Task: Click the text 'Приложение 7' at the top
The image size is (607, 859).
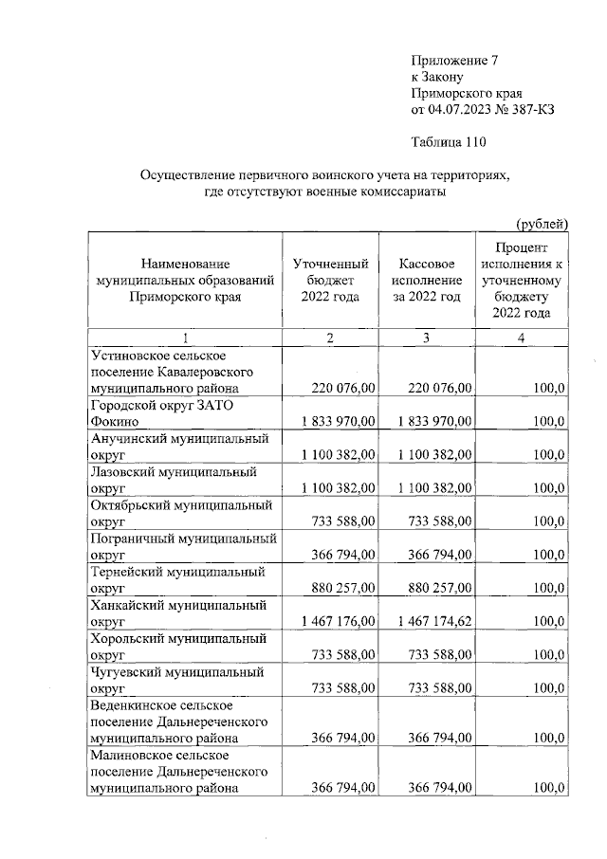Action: pyautogui.click(x=453, y=60)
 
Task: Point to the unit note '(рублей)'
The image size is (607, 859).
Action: pyautogui.click(x=542, y=224)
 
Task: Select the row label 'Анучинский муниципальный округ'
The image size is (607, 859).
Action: pyautogui.click(x=179, y=448)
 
